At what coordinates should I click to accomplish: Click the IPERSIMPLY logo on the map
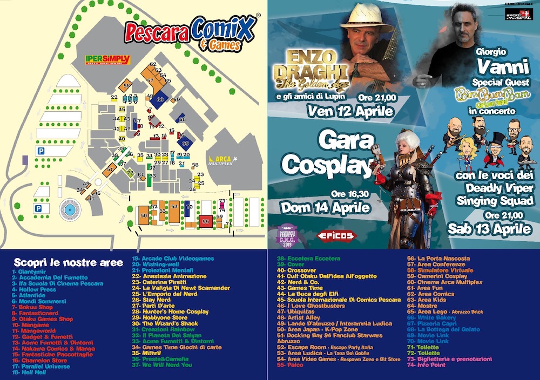107,59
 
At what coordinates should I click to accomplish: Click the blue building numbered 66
160,100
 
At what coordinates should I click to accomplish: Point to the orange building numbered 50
143,214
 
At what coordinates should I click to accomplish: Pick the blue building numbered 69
186,143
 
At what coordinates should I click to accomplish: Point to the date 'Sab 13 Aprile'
489,228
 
